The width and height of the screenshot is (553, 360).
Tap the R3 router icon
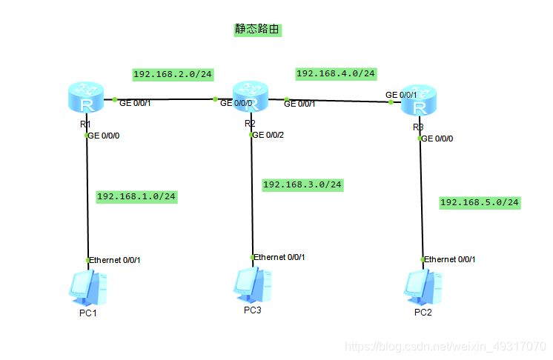tap(420, 104)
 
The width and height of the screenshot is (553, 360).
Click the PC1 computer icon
tap(87, 288)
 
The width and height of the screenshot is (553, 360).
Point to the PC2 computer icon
tap(423, 287)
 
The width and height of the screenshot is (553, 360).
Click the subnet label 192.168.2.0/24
tap(173, 74)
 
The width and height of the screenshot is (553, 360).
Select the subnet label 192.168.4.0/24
tap(336, 73)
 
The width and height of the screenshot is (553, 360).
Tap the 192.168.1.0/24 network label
tap(136, 196)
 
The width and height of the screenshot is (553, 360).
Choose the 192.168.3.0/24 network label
tap(302, 184)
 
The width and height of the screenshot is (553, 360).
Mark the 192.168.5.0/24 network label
tap(480, 202)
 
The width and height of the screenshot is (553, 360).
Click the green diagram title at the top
tap(257, 30)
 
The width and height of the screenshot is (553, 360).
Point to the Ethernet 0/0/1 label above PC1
tap(115, 260)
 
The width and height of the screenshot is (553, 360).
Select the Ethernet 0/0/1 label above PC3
tap(279, 257)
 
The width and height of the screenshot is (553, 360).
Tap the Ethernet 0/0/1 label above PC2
tap(450, 259)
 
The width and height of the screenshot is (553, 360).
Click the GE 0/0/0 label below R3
tap(438, 139)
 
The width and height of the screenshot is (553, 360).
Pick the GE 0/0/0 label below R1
tap(105, 136)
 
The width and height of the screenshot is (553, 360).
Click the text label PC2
tap(423, 312)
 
